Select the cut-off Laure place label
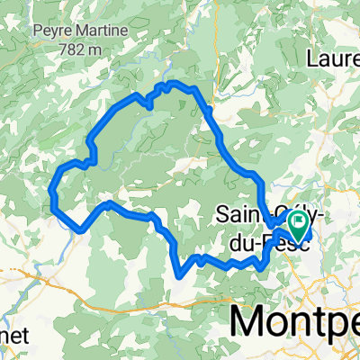coord(333,58)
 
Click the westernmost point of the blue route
coord(50,191)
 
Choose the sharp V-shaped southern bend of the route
coord(178,274)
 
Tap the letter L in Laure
coord(312,58)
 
